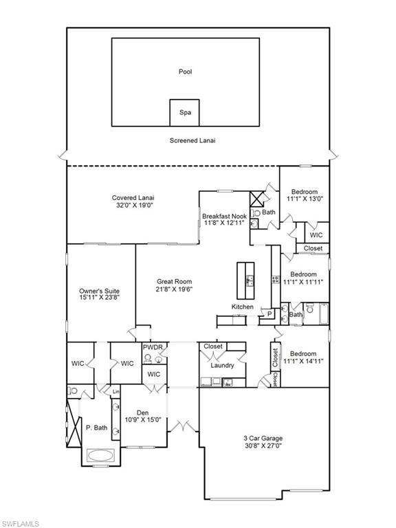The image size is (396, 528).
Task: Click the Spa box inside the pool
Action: pyautogui.click(x=184, y=112)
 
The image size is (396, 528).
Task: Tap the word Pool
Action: pyautogui.click(x=185, y=71)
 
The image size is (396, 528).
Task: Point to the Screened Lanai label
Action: pyautogui.click(x=192, y=140)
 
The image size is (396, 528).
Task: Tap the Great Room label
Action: pyautogui.click(x=174, y=281)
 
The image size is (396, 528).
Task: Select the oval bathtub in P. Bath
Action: pyautogui.click(x=101, y=455)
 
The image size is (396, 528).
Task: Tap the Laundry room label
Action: pyautogui.click(x=222, y=365)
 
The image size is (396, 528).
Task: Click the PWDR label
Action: pyautogui.click(x=153, y=348)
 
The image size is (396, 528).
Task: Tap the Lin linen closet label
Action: pyautogui.click(x=116, y=391)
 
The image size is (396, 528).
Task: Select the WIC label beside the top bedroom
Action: pyautogui.click(x=316, y=234)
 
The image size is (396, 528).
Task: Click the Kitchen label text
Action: pyautogui.click(x=242, y=307)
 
